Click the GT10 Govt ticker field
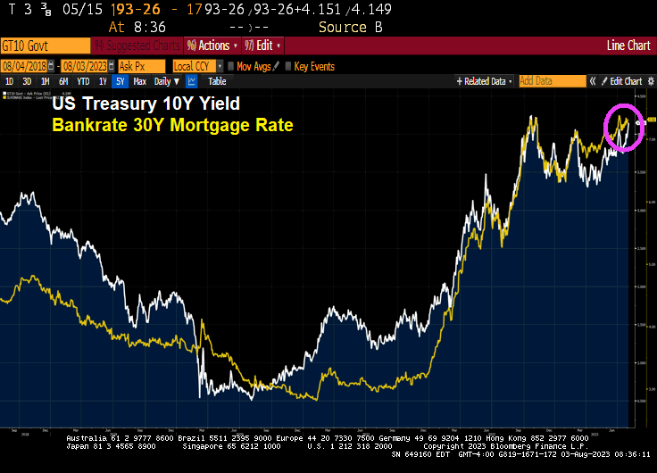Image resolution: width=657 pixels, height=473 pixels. click(x=45, y=46)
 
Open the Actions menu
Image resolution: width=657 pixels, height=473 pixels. click(x=213, y=46)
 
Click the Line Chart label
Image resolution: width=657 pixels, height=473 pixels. click(x=628, y=46)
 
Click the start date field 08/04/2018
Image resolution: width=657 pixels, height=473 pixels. click(x=28, y=66)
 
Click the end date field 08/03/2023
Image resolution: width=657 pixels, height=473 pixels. click(x=87, y=66)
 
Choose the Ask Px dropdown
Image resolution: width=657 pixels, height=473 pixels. click(x=141, y=66)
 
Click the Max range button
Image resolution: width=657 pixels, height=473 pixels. click(x=140, y=81)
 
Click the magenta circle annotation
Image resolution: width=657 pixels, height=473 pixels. click(x=624, y=127)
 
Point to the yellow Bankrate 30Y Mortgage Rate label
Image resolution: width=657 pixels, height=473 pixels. click(x=172, y=124)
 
